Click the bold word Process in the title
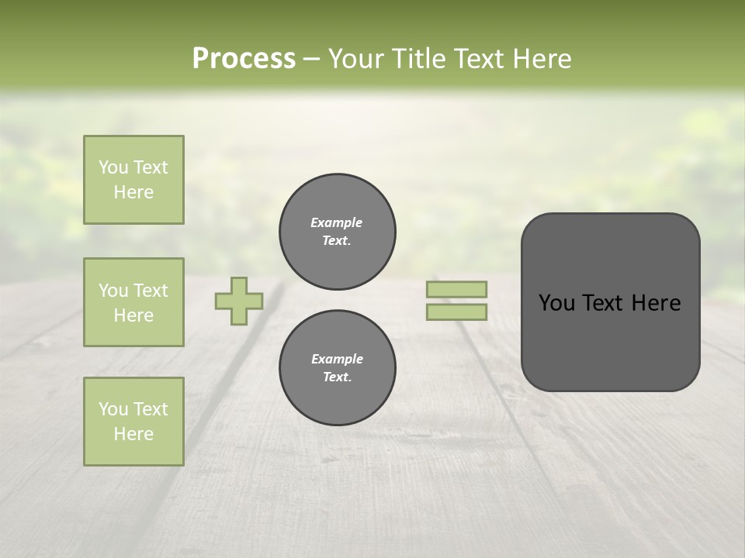click(244, 59)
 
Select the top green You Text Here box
click(133, 180)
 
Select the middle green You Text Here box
click(133, 302)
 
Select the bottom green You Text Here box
click(133, 422)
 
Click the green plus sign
click(239, 301)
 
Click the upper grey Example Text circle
click(338, 232)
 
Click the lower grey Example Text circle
click(338, 368)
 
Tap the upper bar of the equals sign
click(456, 289)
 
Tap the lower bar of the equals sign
click(456, 312)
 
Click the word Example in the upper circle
click(337, 222)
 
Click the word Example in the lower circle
click(337, 359)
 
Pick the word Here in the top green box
click(133, 192)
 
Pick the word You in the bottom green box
click(113, 409)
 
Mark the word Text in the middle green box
click(151, 291)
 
